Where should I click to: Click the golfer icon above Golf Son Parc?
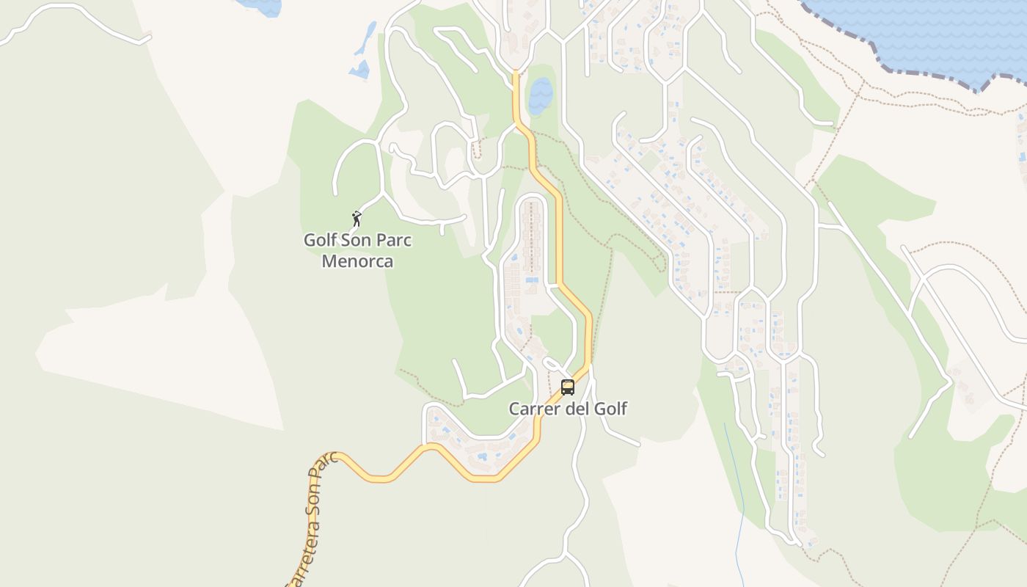(357, 218)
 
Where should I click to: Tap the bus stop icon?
(567, 387)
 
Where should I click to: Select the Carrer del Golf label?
(568, 409)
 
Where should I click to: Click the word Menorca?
(357, 261)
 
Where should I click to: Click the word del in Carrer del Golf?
(576, 409)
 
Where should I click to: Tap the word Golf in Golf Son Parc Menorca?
(321, 241)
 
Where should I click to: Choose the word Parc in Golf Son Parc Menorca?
(395, 241)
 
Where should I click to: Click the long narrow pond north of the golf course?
(365, 40)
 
